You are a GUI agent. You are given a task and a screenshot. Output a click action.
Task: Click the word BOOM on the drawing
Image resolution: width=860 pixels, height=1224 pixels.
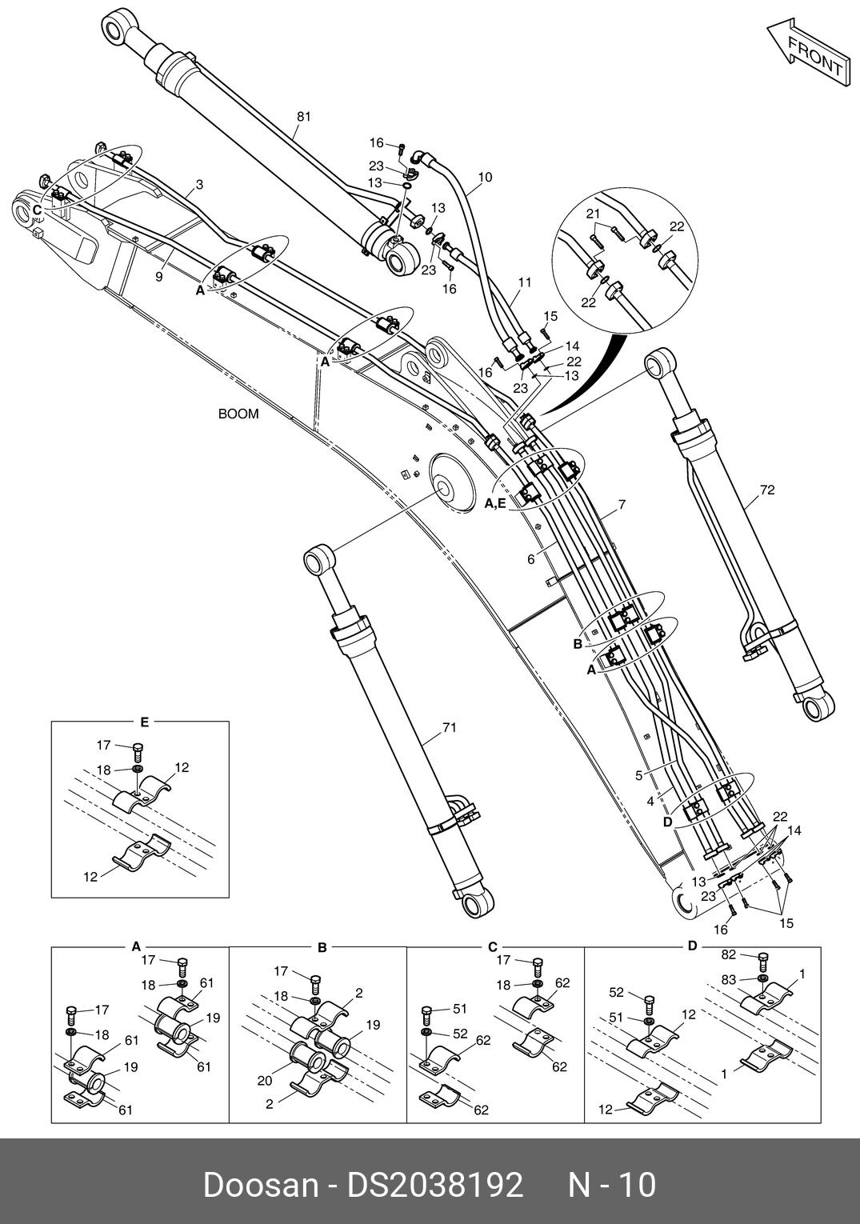(x=238, y=414)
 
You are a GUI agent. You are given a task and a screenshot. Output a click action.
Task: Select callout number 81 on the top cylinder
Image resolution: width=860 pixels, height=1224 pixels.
(x=303, y=116)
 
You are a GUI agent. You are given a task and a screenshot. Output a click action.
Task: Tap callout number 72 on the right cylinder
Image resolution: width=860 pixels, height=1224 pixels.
(x=767, y=490)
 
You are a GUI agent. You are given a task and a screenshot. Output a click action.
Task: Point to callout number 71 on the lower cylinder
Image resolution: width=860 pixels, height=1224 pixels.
(x=449, y=728)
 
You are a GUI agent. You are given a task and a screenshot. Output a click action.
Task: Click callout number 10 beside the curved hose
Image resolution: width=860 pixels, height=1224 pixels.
(x=485, y=177)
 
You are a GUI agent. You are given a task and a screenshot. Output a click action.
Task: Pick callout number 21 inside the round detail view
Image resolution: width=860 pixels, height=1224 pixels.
(x=593, y=214)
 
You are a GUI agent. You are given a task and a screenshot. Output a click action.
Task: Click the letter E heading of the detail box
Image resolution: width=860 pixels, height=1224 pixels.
(x=144, y=722)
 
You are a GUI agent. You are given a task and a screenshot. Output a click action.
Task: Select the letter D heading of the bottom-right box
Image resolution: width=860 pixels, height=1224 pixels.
(x=692, y=946)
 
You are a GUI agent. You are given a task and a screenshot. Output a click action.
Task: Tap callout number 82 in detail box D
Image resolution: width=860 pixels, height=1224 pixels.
(x=729, y=954)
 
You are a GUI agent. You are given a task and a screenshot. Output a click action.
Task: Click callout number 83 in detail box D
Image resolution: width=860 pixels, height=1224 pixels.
(x=729, y=980)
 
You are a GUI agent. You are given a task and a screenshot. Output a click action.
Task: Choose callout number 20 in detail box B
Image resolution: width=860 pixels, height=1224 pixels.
(x=265, y=1080)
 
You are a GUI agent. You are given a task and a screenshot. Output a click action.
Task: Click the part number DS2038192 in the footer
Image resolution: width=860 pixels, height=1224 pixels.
(x=435, y=1186)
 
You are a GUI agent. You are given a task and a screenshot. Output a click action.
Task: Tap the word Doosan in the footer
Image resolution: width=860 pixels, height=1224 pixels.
(x=260, y=1186)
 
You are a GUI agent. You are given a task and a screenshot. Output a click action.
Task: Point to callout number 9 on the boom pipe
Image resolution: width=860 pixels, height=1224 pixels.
(x=159, y=277)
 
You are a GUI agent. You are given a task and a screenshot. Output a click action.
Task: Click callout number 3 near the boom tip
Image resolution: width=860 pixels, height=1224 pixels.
(x=199, y=185)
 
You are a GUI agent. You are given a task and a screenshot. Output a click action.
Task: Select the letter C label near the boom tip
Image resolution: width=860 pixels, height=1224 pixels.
(x=37, y=210)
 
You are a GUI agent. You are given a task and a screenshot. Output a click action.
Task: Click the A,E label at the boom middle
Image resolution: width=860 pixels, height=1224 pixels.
(x=495, y=504)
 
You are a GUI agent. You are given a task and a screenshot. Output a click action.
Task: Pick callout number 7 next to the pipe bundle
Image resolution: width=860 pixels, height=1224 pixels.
(x=622, y=505)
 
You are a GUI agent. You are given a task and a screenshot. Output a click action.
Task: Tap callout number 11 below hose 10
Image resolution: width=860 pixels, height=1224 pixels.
(x=525, y=282)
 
